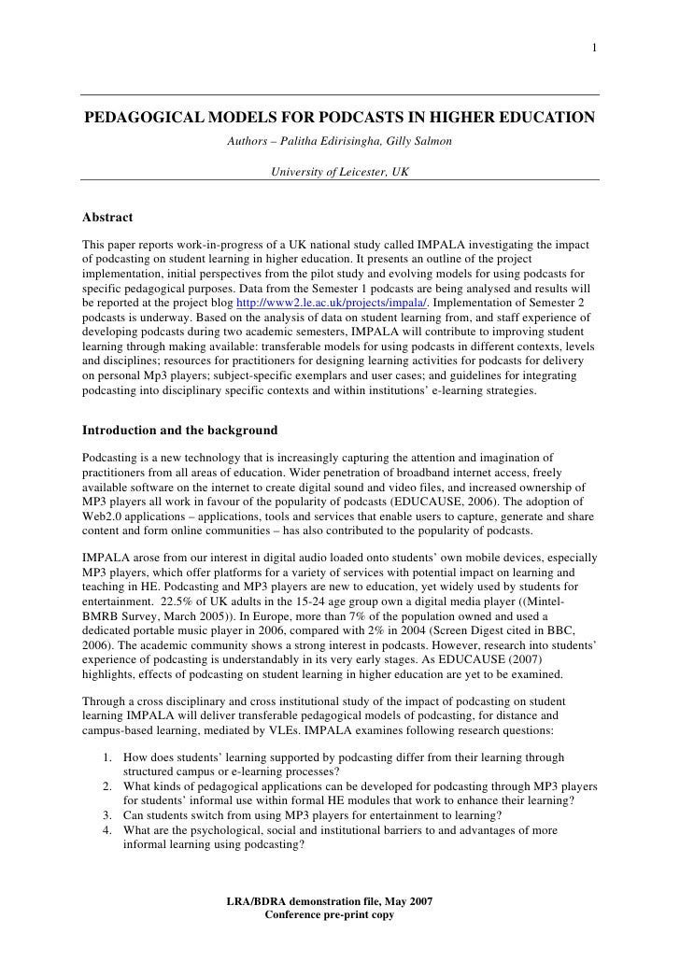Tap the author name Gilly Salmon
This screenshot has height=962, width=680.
pos(419,141)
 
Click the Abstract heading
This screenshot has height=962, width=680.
pos(107,218)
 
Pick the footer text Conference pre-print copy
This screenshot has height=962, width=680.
pos(330,915)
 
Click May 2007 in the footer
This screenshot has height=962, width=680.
pos(407,901)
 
